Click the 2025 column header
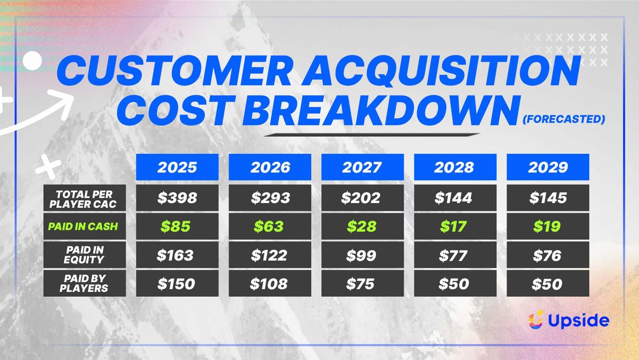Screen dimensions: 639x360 tap(177, 167)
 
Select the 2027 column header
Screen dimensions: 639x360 tap(363, 167)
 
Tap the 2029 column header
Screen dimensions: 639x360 tap(548, 167)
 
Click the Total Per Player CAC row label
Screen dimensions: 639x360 tap(85, 198)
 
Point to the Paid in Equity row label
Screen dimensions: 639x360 tap(85, 255)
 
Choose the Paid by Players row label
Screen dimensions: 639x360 tap(85, 283)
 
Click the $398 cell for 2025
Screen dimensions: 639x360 tap(177, 198)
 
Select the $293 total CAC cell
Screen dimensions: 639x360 tap(270, 198)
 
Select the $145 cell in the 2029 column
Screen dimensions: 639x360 tap(548, 198)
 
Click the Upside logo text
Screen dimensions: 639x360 tap(578, 321)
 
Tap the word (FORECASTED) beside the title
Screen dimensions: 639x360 tap(564, 119)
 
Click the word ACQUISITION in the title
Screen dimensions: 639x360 tap(442, 71)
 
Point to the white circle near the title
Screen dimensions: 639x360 tap(32, 61)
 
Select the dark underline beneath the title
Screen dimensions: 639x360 tap(372, 135)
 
